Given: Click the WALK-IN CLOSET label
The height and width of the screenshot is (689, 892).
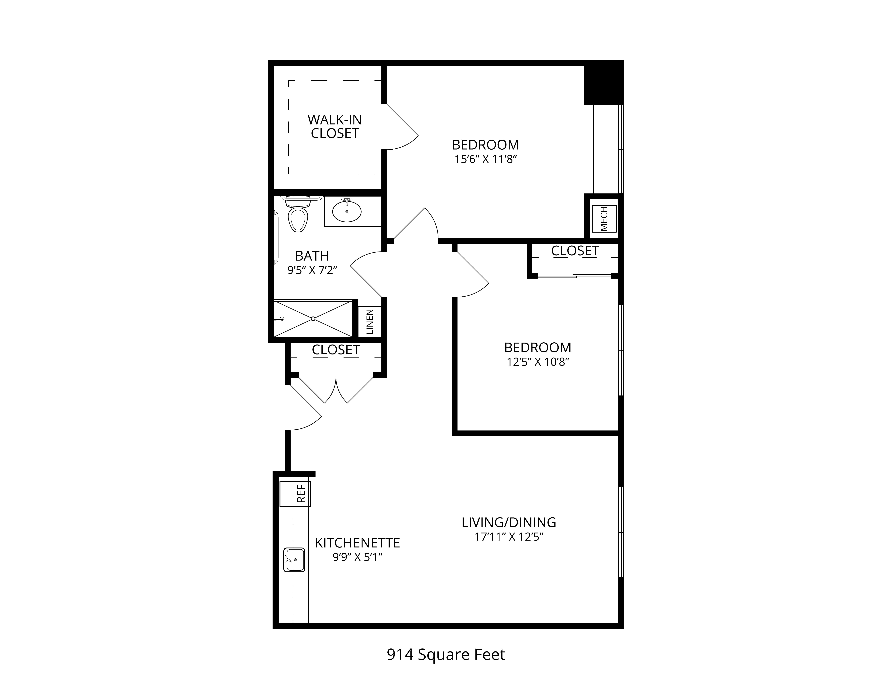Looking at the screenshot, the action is point(334,127).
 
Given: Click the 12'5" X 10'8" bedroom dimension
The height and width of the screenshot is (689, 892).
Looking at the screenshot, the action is point(538,362).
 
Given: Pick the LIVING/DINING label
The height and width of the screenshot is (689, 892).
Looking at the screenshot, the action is point(509,523).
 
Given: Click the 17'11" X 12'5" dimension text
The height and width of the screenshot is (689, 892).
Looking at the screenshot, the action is point(509,537).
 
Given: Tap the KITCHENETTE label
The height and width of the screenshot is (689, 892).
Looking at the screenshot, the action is point(357,543).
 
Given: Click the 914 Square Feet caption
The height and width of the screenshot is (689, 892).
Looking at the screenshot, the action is point(446,655).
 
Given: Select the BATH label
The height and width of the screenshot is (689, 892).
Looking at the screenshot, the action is point(312,256).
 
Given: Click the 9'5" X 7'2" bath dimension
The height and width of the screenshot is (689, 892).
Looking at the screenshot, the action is point(312,270).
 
